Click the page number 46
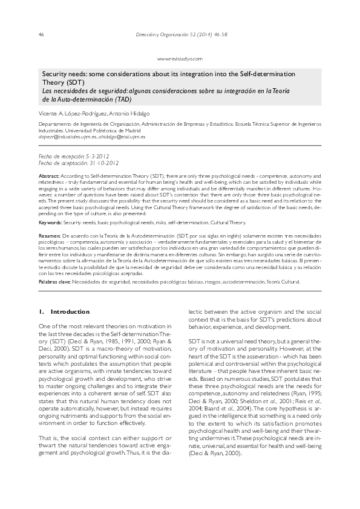41,34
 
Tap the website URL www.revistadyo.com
180,59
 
